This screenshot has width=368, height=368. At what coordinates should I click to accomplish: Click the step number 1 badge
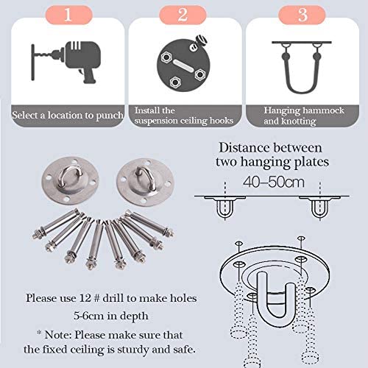click(x=68, y=15)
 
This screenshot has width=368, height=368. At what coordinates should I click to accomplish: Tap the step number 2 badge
click(x=183, y=15)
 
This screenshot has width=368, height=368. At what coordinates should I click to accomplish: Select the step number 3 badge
click(x=302, y=15)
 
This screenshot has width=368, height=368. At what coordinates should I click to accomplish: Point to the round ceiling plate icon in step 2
click(x=183, y=64)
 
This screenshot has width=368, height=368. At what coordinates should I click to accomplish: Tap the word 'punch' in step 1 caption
click(x=110, y=116)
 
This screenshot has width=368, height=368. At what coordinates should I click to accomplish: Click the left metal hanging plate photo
click(x=71, y=181)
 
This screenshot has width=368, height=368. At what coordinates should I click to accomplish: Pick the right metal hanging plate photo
click(x=145, y=183)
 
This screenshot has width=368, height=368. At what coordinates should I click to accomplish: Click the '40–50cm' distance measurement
click(x=274, y=182)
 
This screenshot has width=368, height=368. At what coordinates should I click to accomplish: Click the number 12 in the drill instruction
click(x=85, y=298)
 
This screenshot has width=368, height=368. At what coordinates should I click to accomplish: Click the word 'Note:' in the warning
click(x=58, y=335)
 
